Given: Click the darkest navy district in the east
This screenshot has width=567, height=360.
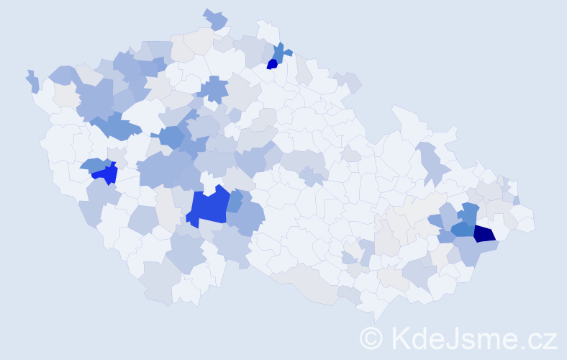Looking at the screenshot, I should pyautogui.click(x=484, y=233).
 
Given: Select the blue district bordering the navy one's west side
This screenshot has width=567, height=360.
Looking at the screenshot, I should pyautogui.click(x=463, y=229).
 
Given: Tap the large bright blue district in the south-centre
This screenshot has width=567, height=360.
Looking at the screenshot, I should pyautogui.click(x=208, y=207).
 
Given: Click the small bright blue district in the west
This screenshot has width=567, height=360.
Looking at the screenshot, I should pyautogui.click(x=106, y=174).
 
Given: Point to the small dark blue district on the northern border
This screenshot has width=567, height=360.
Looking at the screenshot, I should pyautogui.click(x=272, y=64).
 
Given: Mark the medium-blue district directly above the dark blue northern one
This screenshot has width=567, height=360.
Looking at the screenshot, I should pyautogui.click(x=278, y=52).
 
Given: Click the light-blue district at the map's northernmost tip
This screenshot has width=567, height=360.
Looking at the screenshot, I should pyautogui.click(x=215, y=19).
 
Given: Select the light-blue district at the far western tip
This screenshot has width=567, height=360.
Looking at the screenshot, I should pyautogui.click(x=32, y=81).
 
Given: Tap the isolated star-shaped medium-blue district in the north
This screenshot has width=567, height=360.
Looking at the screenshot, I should pyautogui.click(x=213, y=89).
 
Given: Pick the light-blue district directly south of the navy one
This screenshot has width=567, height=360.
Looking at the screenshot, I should pyautogui.click(x=476, y=250).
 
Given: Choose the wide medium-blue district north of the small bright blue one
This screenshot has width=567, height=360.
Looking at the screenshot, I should pyautogui.click(x=115, y=127).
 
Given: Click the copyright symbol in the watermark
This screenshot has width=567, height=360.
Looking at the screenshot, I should pyautogui.click(x=371, y=338).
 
